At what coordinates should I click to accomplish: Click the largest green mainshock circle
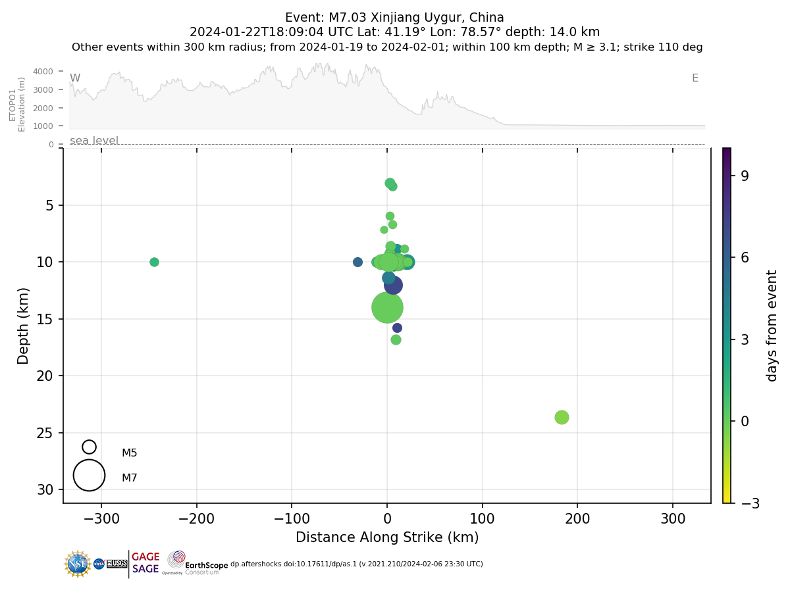pos(387,307)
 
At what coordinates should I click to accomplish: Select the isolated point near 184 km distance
pos(562,417)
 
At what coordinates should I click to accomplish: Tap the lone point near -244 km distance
pos(154,262)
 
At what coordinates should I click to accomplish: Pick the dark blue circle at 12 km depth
pos(393,285)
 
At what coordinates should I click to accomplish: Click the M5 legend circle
pos(89,447)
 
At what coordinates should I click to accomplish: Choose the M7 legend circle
pos(89,475)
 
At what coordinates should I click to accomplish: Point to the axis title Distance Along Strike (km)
pos(387,537)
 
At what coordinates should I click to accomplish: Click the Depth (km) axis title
pos(24,326)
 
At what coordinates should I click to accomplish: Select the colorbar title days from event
pos(772,326)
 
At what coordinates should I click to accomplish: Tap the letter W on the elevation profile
pos(75,78)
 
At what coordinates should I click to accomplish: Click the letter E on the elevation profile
pos(695,78)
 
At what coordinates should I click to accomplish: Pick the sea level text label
pos(94,140)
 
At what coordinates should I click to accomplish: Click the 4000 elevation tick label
pos(43,71)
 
